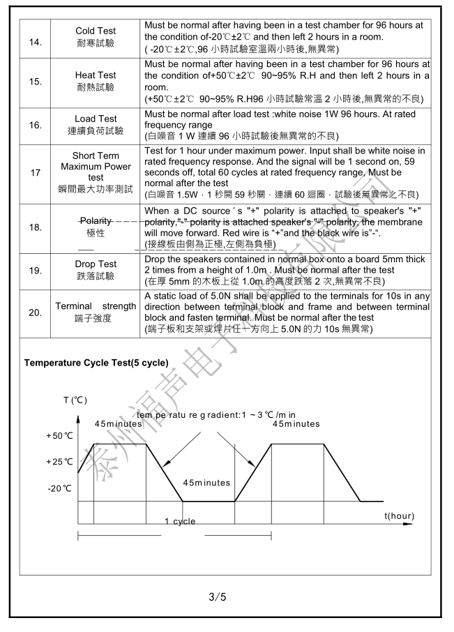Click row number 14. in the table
click(x=35, y=43)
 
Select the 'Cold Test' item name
click(x=96, y=31)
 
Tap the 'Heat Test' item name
click(x=96, y=75)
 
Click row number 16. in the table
click(x=35, y=125)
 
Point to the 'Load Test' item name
click(x=96, y=119)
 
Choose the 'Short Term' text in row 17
click(x=96, y=156)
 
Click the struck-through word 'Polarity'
click(x=96, y=221)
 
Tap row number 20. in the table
click(x=35, y=313)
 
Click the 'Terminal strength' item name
click(x=96, y=307)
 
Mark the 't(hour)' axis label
click(x=399, y=516)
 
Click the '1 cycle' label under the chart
click(x=180, y=521)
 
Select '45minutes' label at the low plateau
click(x=206, y=483)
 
